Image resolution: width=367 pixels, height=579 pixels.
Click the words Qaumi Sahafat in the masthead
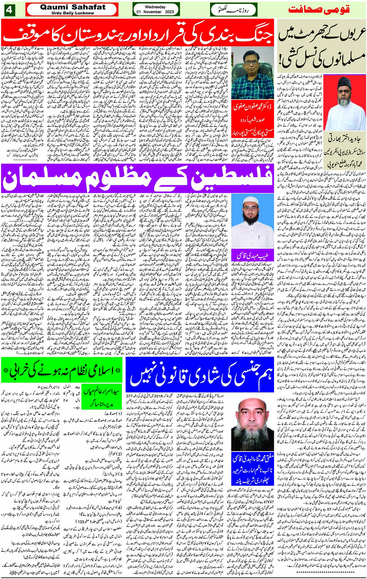coord(72,7)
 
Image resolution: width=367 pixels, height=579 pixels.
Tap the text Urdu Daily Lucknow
coord(72,13)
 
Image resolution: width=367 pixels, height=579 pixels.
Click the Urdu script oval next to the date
coord(233,10)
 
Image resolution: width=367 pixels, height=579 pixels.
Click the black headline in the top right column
coord(320,47)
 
